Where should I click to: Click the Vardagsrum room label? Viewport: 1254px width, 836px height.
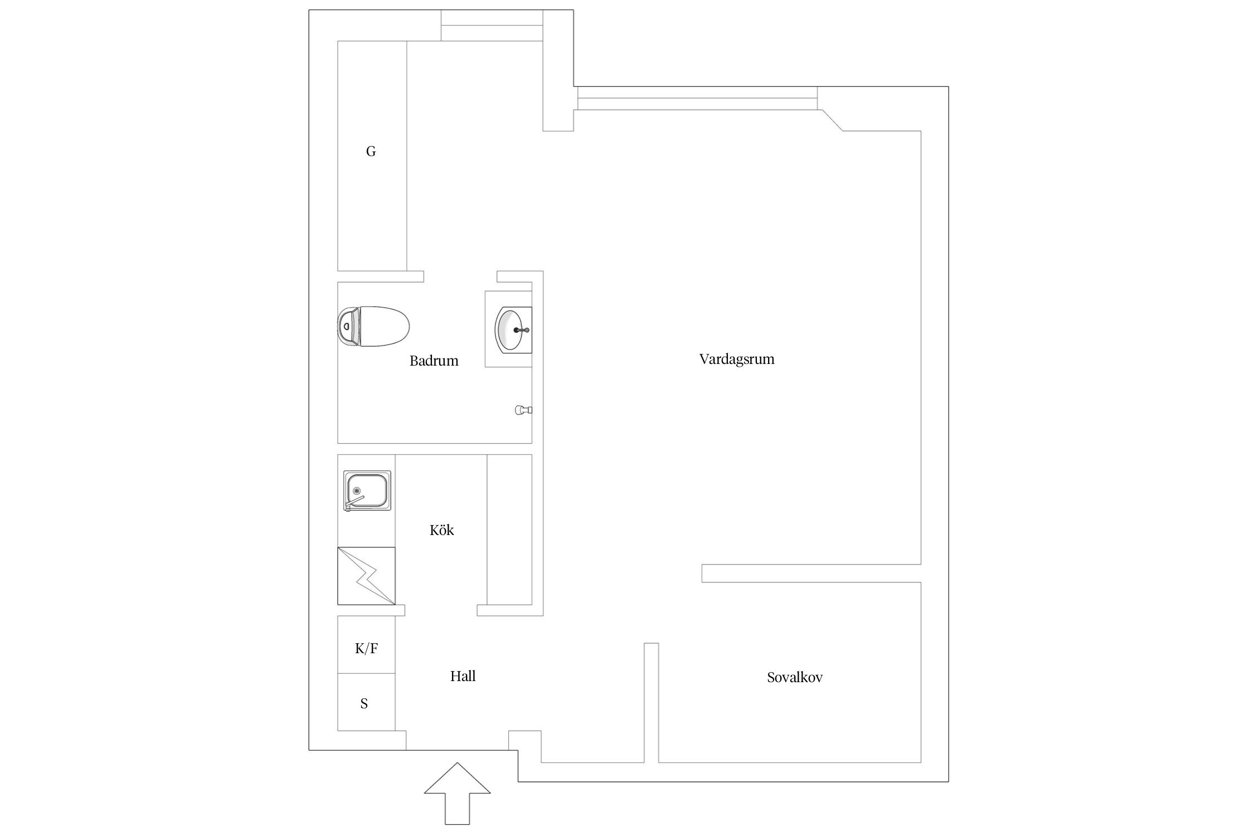(x=736, y=359)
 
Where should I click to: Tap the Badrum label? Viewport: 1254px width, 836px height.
(x=434, y=361)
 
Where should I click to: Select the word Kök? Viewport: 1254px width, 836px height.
(x=441, y=530)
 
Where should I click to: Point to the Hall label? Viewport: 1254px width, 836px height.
(x=463, y=676)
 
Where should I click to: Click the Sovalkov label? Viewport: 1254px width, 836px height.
(x=794, y=678)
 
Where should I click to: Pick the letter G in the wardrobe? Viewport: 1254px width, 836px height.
(x=371, y=151)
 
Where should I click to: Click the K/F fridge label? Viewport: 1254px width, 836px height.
(x=366, y=648)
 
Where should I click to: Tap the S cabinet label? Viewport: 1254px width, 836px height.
(x=364, y=703)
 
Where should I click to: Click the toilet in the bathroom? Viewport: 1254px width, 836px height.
(x=379, y=325)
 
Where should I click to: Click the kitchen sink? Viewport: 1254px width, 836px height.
(x=367, y=491)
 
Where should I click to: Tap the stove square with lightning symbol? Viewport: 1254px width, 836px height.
(x=366, y=576)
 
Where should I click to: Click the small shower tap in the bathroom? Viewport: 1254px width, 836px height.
(x=522, y=410)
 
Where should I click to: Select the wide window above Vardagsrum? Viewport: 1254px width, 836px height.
(x=697, y=98)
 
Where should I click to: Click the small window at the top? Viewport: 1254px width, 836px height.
(x=492, y=26)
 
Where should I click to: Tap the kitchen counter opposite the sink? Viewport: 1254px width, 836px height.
(x=509, y=529)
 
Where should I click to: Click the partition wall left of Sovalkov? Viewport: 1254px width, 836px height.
(x=651, y=702)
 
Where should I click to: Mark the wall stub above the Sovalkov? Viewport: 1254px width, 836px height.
(x=811, y=573)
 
